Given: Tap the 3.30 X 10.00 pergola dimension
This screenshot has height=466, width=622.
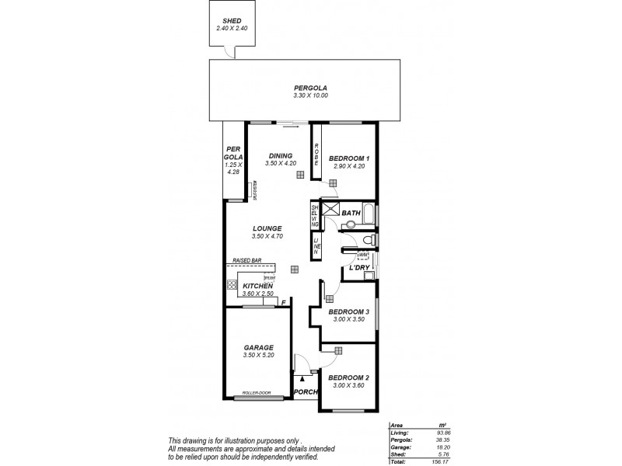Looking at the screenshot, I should [x=310, y=95].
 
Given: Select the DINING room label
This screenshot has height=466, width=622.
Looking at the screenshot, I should [x=281, y=155].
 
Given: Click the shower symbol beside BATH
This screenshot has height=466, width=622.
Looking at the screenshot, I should [x=330, y=209].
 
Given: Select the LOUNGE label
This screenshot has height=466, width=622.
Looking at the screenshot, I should [x=267, y=228].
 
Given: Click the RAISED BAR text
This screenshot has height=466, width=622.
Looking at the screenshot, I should [x=246, y=260].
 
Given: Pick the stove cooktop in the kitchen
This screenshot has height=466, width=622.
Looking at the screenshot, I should [x=232, y=285].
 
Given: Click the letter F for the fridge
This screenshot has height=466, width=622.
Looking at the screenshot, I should [x=284, y=302].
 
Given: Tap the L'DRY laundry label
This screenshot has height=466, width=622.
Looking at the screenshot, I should [x=359, y=267].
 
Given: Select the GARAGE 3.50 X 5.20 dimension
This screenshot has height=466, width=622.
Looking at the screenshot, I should [x=259, y=355].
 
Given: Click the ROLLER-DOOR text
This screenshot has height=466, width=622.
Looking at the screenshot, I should [x=257, y=393].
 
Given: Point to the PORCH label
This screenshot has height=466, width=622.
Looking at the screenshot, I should [x=306, y=392].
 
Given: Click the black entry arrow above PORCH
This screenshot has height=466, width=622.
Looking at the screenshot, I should [x=302, y=377].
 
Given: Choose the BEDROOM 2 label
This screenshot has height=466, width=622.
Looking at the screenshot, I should [x=348, y=378].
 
